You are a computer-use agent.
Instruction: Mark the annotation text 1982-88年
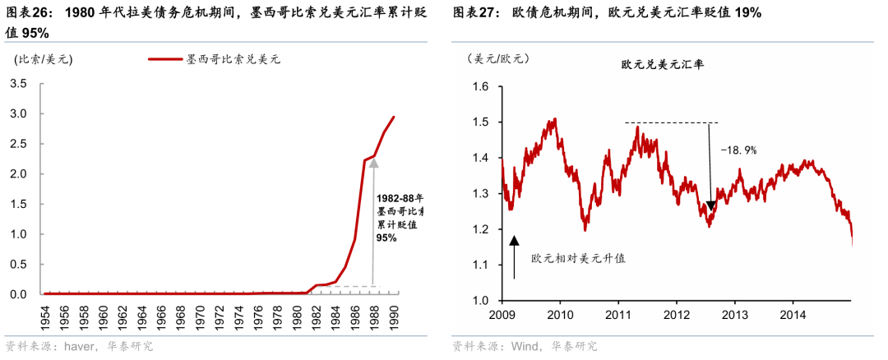400,198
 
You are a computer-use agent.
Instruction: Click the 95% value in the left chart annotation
386,238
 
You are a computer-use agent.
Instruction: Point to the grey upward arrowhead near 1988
373,164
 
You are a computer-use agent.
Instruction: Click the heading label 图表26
28,12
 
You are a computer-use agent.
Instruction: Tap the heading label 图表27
474,12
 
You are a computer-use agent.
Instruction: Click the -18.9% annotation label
738,150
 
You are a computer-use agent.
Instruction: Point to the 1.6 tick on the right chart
480,87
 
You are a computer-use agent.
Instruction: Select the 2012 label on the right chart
676,314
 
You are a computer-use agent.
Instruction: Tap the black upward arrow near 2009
515,255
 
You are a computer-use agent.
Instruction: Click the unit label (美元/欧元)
497,58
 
